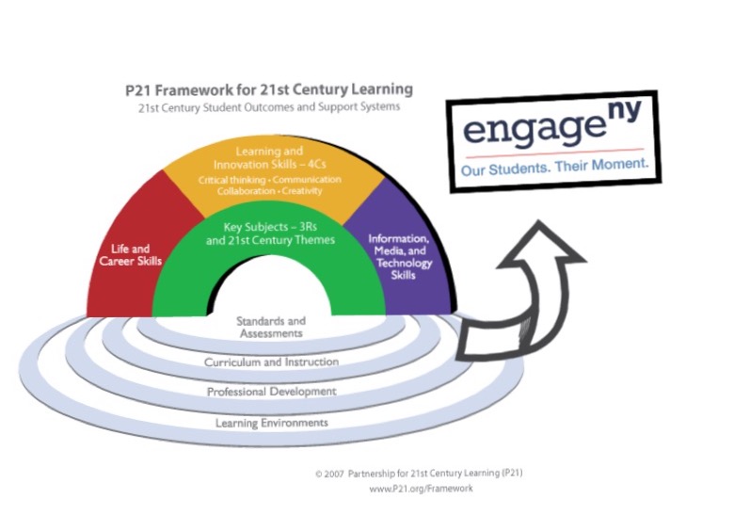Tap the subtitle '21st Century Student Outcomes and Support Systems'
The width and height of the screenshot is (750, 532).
click(268, 107)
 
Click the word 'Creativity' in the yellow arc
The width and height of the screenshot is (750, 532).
click(300, 190)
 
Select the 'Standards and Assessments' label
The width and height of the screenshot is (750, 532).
click(270, 327)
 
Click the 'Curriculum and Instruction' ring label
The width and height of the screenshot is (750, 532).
click(272, 362)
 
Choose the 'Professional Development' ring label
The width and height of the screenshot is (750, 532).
click(272, 391)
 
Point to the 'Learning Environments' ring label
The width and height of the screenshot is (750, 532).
click(272, 423)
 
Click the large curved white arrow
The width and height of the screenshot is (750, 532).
click(522, 301)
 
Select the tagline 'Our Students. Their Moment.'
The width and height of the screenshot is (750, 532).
click(554, 169)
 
